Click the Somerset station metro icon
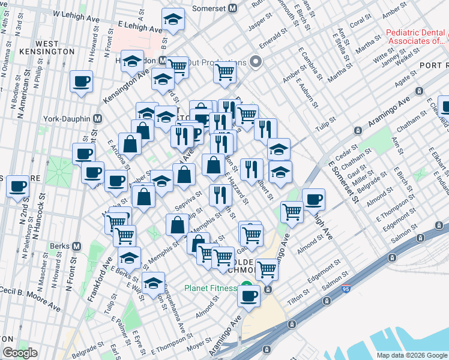(232, 9)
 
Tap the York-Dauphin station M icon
(97, 118)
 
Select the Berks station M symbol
(76, 246)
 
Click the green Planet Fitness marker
(244, 287)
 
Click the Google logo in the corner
(20, 353)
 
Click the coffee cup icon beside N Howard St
(81, 82)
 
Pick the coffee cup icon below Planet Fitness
(249, 295)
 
